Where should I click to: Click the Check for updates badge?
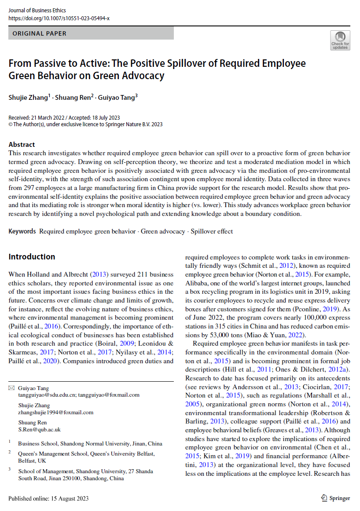click(x=340, y=40)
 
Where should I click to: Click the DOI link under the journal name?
click(x=59, y=18)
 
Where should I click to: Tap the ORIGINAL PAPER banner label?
click(x=40, y=33)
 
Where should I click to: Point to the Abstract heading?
click(x=22, y=144)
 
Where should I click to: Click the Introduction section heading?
click(x=32, y=257)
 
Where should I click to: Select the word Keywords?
click(x=22, y=231)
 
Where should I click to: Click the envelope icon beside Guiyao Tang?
click(x=11, y=388)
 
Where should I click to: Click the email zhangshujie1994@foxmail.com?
click(x=55, y=412)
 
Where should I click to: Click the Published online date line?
click(x=48, y=498)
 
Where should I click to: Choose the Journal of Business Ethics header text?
click(x=37, y=11)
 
